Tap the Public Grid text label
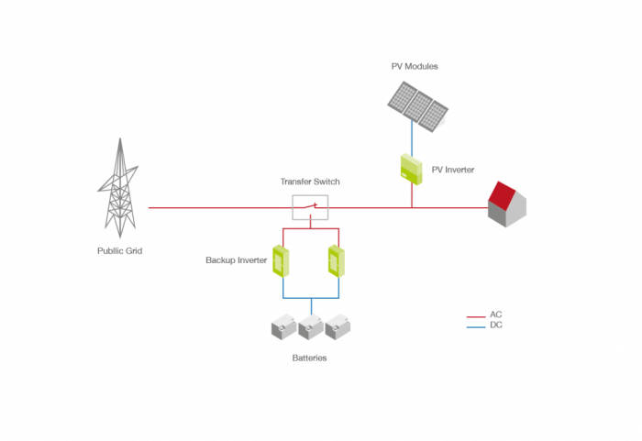(120, 250)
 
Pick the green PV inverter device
(409, 169)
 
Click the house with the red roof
(507, 204)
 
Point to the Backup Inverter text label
(236, 260)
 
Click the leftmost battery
(282, 327)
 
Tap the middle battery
(310, 327)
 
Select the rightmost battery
(338, 327)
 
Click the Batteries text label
(309, 358)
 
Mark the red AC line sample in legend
(475, 315)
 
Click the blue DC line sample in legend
(475, 325)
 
